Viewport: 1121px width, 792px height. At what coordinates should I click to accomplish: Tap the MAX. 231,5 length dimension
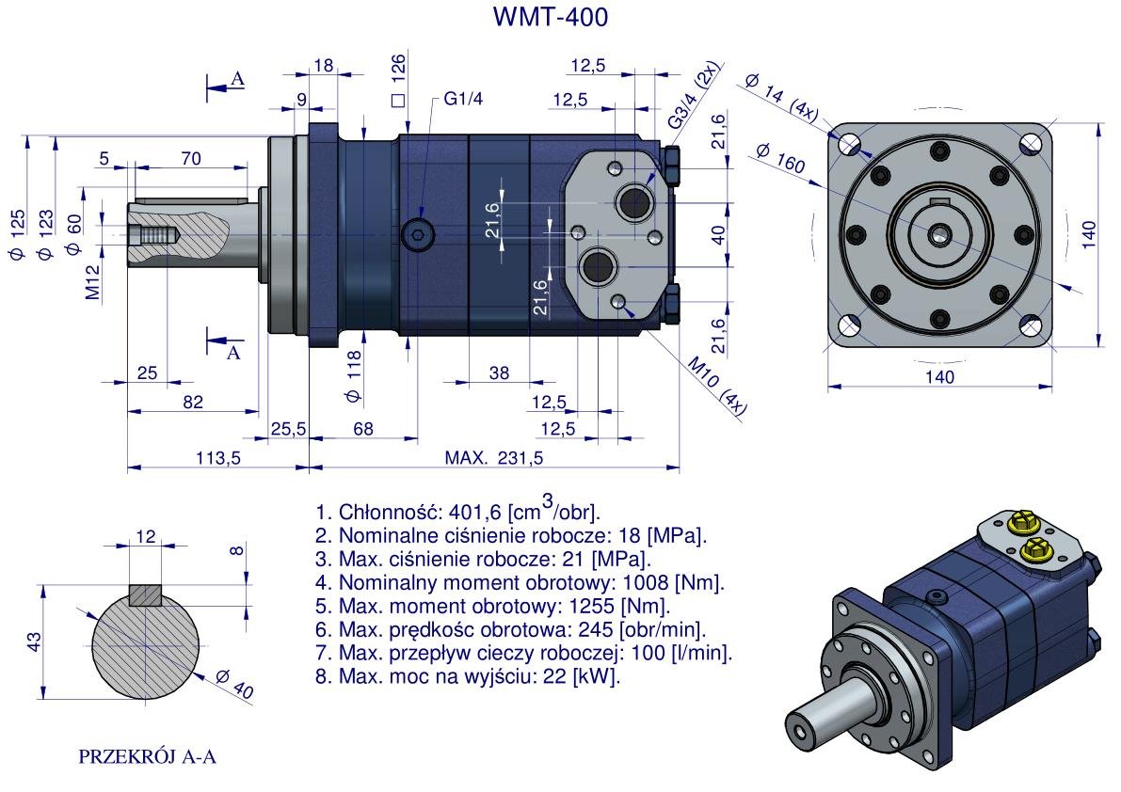(494, 458)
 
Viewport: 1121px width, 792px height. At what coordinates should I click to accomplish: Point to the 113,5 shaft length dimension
(217, 458)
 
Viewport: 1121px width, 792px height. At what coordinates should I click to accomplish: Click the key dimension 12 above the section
(146, 536)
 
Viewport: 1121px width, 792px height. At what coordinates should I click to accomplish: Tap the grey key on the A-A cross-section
(146, 595)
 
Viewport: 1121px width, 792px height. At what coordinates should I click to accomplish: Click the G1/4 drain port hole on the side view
(416, 234)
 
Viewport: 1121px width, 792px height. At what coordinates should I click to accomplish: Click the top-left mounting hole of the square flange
(851, 144)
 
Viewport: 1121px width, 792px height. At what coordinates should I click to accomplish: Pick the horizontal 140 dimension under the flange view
(938, 377)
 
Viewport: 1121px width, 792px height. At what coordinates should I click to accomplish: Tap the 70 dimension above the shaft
(190, 159)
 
